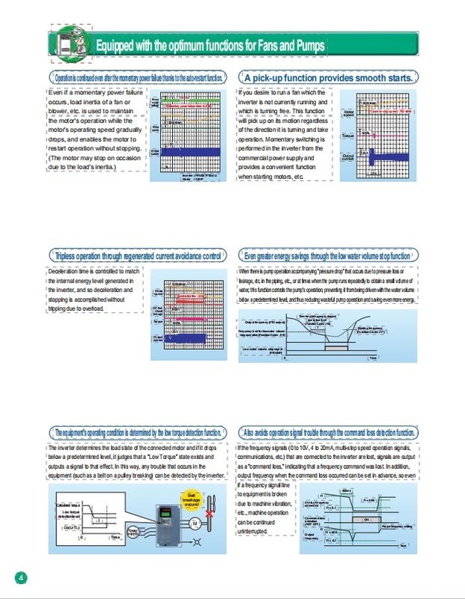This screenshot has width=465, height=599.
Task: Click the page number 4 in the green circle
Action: click(21, 577)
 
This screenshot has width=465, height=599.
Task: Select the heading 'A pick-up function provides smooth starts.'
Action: click(328, 77)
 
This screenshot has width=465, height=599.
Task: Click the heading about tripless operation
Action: click(139, 255)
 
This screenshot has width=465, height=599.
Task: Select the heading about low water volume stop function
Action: click(327, 255)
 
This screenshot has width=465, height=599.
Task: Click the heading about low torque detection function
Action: click(139, 433)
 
